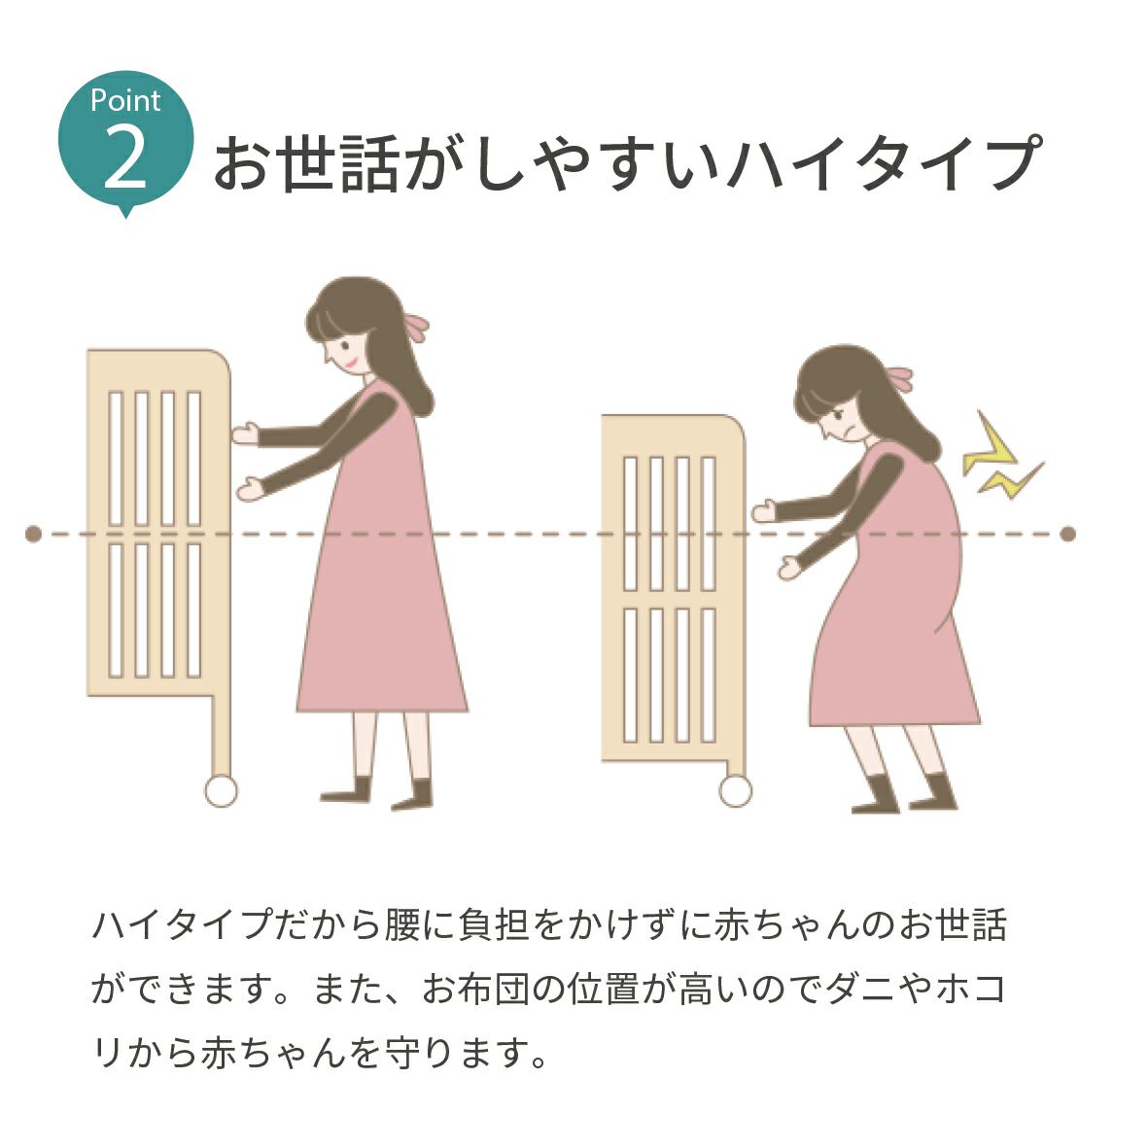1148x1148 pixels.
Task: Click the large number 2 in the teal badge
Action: coord(125,159)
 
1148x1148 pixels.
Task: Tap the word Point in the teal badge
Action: coord(125,100)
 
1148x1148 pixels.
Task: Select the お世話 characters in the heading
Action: coord(306,163)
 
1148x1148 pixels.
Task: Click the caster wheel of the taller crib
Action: coord(221,790)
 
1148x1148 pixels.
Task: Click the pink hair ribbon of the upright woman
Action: coord(418,326)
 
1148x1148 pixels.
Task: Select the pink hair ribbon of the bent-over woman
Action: coord(899,376)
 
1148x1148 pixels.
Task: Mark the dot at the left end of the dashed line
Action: coord(33,534)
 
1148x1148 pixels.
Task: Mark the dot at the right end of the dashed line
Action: coord(1068,534)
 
